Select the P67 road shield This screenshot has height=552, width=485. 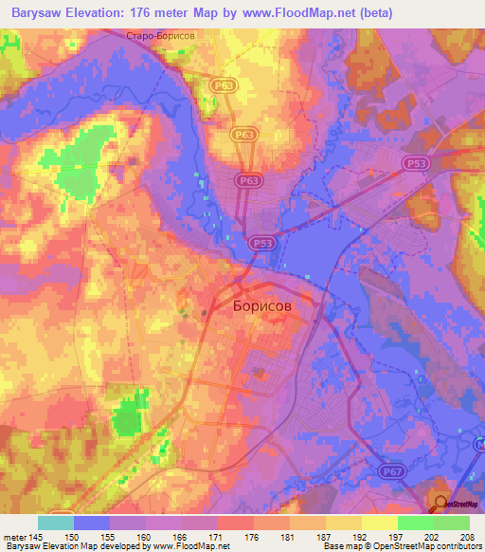pos(394,470)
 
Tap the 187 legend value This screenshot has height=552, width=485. pos(325,536)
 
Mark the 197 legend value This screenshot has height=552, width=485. pos(397,536)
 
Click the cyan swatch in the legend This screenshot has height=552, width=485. pos(56,523)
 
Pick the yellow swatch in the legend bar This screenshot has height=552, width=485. pos(380,523)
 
